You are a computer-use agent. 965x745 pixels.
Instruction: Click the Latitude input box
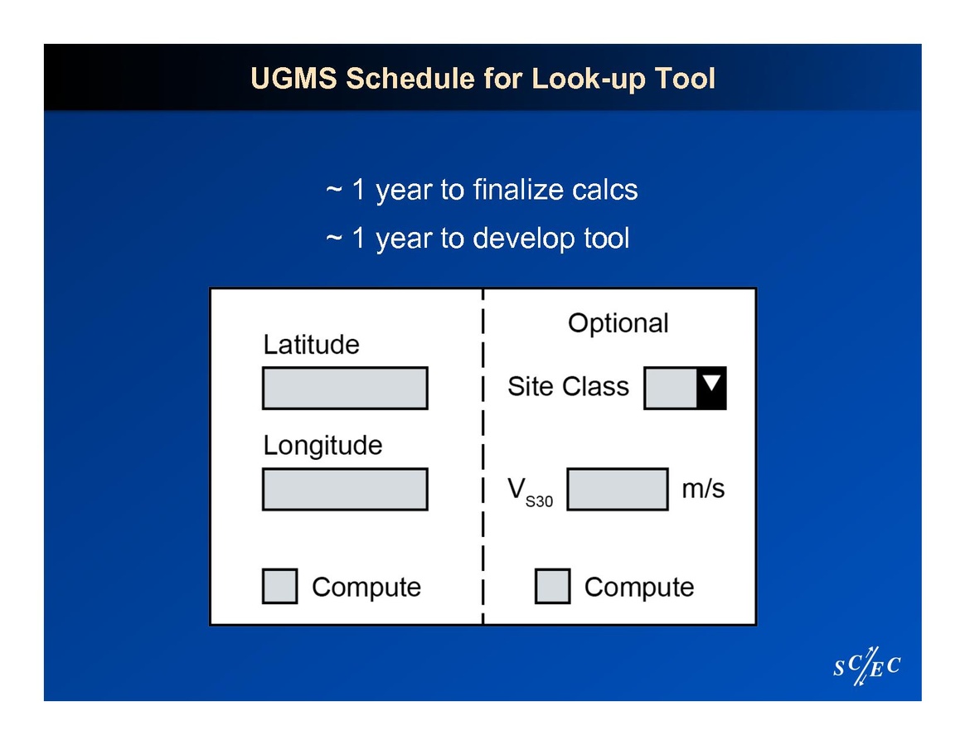coord(345,388)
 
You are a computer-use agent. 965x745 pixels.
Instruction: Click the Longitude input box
coord(345,489)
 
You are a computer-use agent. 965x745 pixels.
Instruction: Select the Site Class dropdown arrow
coord(711,388)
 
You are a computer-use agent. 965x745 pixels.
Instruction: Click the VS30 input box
coord(618,489)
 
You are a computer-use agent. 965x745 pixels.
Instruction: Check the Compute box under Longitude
coord(280,586)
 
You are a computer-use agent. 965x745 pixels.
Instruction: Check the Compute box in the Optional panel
coord(553,586)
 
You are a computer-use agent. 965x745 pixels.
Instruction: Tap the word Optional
coord(618,323)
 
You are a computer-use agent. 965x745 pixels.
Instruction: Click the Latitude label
coord(312,345)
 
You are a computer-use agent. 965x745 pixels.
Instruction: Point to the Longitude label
coord(323,446)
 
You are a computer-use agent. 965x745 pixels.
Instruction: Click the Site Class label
coord(568,386)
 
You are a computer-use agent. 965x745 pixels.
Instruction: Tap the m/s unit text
coord(703,488)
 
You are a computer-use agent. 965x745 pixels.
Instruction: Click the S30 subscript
coord(539,502)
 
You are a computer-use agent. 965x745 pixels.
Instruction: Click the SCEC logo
coord(866,665)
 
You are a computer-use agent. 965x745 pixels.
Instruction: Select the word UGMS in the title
coord(293,79)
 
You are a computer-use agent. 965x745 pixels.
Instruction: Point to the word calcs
coord(605,190)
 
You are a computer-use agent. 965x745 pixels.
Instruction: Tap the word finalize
coord(518,190)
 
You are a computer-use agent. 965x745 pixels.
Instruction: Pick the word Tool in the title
coord(684,79)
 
